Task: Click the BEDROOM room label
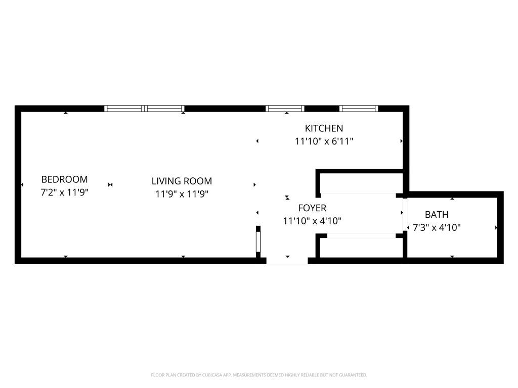64,179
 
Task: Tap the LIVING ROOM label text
182,181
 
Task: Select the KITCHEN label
324,128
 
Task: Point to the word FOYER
312,208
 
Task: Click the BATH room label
437,215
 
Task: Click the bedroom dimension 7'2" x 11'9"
64,192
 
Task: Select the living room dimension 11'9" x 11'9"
182,194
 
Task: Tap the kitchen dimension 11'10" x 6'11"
324,141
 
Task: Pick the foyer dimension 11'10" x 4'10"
312,221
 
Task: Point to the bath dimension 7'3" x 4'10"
437,228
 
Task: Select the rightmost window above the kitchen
359,109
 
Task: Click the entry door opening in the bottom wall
287,261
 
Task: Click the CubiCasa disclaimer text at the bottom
259,375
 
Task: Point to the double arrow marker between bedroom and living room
110,185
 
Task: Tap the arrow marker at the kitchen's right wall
401,141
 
